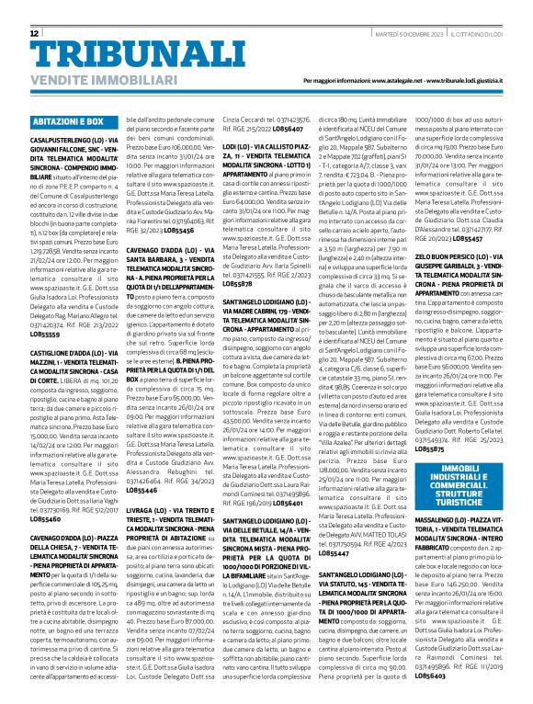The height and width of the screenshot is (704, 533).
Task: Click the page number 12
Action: tap(35, 33)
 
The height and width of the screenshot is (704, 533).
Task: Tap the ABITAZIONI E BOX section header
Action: tap(68, 121)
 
